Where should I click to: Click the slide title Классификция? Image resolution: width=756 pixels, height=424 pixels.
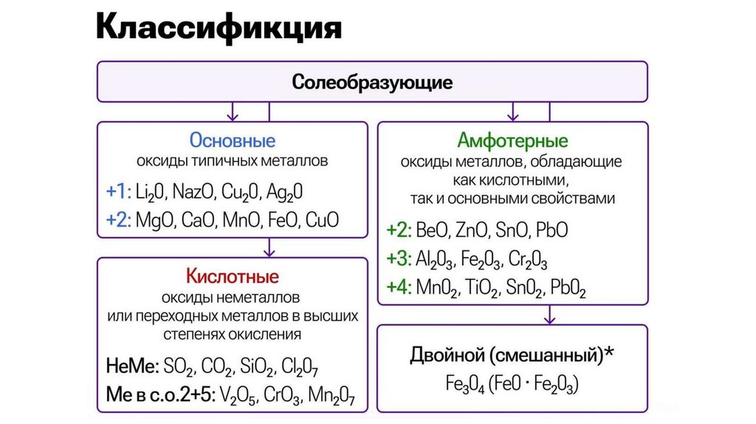(219, 29)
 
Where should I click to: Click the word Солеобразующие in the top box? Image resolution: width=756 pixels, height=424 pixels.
(372, 81)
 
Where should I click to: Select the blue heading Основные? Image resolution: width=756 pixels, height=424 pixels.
(233, 140)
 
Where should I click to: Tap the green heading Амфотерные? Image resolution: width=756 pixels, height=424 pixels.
(512, 141)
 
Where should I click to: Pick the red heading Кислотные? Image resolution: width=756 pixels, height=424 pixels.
(233, 278)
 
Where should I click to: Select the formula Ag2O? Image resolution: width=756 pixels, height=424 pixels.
(285, 192)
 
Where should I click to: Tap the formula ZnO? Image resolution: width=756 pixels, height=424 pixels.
(469, 230)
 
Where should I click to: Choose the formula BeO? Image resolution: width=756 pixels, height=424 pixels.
(432, 230)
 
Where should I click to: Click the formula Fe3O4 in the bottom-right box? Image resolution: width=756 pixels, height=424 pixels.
(446, 384)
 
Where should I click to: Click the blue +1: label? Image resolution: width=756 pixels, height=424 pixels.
(118, 192)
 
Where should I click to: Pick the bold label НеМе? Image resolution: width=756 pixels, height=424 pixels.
(131, 366)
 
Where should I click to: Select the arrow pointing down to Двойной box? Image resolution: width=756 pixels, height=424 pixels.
(549, 315)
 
